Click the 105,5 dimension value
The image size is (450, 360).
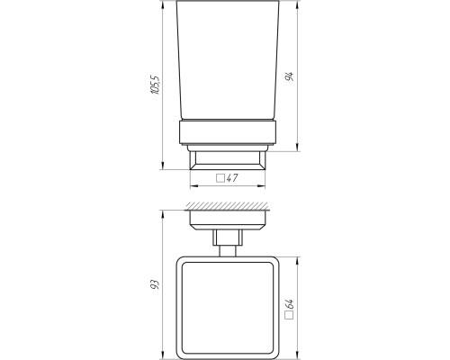156,85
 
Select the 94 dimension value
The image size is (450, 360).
290,76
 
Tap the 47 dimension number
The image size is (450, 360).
232,178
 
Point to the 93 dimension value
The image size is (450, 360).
154,284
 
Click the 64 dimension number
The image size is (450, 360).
290,304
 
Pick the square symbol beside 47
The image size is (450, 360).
220,178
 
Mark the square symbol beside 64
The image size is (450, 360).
290,315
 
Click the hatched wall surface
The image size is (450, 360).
227,206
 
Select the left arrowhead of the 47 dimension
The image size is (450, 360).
194,186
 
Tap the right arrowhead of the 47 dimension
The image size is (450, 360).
261,186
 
